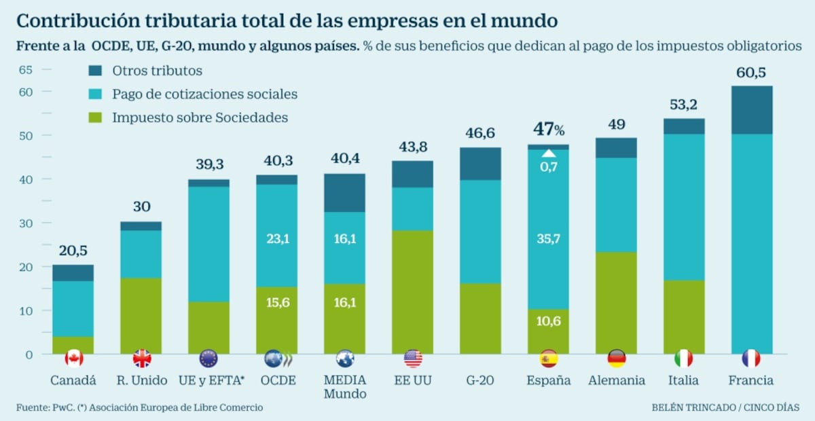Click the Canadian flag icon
coord(73,358)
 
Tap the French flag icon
coord(751,358)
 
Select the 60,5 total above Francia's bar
coord(751,73)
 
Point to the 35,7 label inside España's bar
coord(548,238)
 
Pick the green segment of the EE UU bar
coord(412,292)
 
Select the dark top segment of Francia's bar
coord(751,110)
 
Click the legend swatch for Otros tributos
coord(95,71)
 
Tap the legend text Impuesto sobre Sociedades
coord(200,117)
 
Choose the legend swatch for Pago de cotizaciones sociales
coord(95,94)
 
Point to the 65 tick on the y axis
coord(25,69)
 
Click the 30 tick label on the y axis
coord(25,223)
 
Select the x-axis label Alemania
coord(616,380)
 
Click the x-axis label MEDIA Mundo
coord(344,387)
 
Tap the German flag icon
coord(616,358)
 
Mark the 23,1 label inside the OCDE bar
coord(276,238)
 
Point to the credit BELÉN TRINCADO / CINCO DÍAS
coord(725,407)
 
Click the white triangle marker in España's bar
coord(548,153)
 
